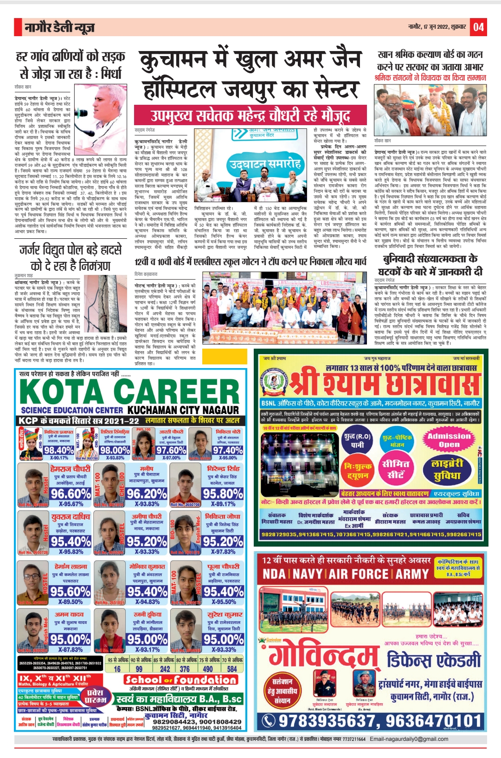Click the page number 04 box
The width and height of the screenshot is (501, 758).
pyautogui.click(x=479, y=27)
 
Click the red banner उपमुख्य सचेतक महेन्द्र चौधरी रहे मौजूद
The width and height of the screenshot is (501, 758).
pyautogui.click(x=250, y=115)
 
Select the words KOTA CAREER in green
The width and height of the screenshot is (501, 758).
pyautogui.click(x=129, y=391)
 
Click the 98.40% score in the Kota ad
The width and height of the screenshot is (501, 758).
pyautogui.click(x=59, y=450)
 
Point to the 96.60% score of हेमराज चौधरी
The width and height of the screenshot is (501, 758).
pyautogui.click(x=71, y=493)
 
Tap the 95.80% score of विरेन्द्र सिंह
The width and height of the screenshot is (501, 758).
pyautogui.click(x=223, y=493)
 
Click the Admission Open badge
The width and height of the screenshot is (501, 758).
pyautogui.click(x=449, y=440)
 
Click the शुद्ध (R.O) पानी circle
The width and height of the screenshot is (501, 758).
pyautogui.click(x=357, y=440)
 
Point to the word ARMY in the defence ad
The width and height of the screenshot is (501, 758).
pyautogui.click(x=412, y=574)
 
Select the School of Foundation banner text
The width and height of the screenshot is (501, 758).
pyautogui.click(x=180, y=680)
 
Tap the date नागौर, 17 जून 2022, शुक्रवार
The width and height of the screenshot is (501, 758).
pyautogui.click(x=437, y=27)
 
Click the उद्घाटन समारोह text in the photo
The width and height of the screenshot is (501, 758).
pyautogui.click(x=265, y=164)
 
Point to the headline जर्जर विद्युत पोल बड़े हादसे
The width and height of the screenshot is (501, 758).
pyautogui.click(x=71, y=251)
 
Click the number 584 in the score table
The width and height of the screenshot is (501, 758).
pyautogui.click(x=232, y=669)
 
